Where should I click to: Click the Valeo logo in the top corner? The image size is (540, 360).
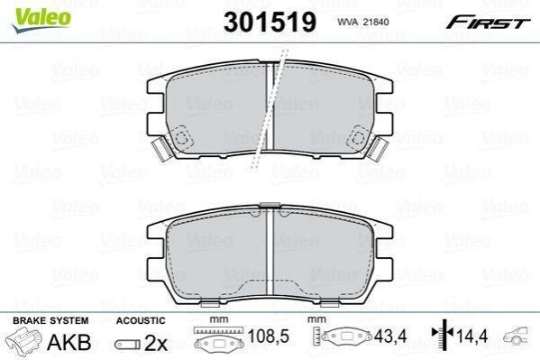click(41, 20)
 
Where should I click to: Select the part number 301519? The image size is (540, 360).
click(270, 22)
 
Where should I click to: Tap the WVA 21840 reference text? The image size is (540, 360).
click(363, 22)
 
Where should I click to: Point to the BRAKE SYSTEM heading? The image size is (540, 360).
click(50, 320)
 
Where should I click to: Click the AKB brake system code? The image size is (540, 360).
click(69, 342)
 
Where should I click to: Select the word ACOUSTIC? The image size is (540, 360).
click(141, 320)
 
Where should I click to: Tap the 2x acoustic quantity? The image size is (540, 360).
click(155, 343)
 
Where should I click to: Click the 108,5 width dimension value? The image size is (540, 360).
click(269, 337)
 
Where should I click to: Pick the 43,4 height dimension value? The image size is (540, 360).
click(390, 336)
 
